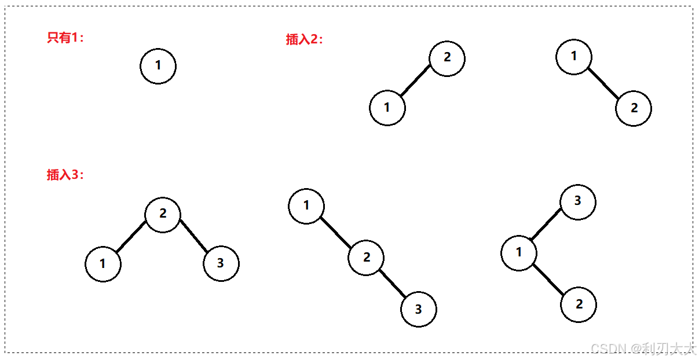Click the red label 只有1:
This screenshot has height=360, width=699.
pyautogui.click(x=65, y=38)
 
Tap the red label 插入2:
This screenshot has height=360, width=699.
pyautogui.click(x=304, y=39)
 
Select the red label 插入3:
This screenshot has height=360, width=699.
pyautogui.click(x=65, y=175)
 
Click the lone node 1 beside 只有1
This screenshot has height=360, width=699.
pyautogui.click(x=158, y=66)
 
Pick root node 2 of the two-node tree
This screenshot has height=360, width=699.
pyautogui.click(x=447, y=58)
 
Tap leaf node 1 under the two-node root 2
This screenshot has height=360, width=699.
pyautogui.click(x=387, y=108)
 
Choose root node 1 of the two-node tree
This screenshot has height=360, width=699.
pyautogui.click(x=574, y=57)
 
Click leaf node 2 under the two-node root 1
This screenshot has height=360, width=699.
pyautogui.click(x=634, y=108)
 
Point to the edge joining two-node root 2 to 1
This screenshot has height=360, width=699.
pyautogui.click(x=416, y=81)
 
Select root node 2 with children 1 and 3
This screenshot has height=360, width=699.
pyautogui.click(x=163, y=214)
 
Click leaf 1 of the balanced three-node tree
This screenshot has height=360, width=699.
pyautogui.click(x=103, y=265)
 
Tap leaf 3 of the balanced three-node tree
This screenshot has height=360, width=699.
pyautogui.click(x=221, y=264)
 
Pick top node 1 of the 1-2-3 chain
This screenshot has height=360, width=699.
pyautogui.click(x=306, y=205)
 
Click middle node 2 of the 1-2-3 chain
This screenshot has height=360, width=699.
pyautogui.click(x=367, y=258)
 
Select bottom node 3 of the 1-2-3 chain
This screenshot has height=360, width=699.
pyautogui.click(x=419, y=309)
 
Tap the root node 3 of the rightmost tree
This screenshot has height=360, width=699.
pyautogui.click(x=578, y=202)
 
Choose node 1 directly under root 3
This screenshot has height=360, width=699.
pyautogui.click(x=519, y=253)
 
